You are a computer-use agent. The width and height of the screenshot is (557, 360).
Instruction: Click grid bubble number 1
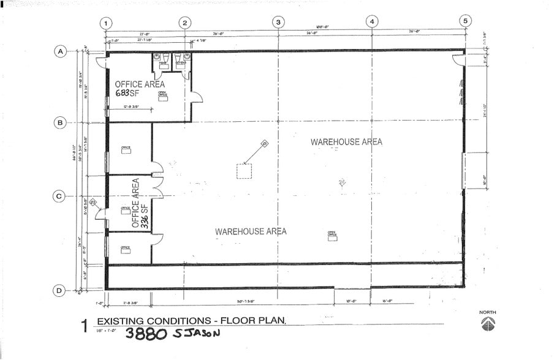[106, 23]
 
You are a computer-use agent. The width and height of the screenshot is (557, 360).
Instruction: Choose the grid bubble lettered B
[60, 122]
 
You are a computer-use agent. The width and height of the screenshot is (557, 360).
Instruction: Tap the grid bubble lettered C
[60, 197]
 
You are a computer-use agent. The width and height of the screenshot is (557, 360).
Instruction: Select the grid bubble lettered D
[59, 291]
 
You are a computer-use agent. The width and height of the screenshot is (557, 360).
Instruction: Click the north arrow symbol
[488, 323]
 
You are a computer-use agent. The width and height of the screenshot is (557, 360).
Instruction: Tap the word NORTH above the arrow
[488, 313]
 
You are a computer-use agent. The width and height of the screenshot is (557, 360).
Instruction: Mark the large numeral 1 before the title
[85, 326]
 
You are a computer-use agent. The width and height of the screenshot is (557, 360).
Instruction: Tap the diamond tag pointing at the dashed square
[265, 143]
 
